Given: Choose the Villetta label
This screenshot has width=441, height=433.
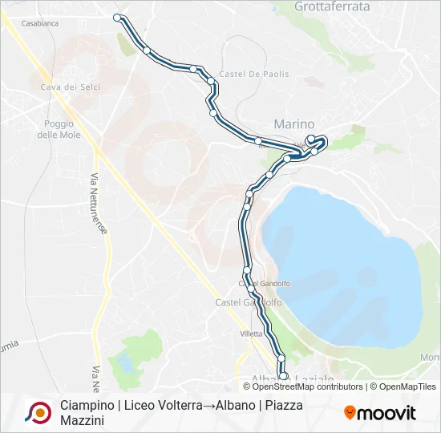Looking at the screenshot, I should [x=251, y=334].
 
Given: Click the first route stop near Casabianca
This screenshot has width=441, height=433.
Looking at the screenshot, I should [x=118, y=18].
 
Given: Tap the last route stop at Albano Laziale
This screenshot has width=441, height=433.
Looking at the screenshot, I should [x=283, y=375].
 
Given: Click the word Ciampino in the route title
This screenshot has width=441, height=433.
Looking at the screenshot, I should [x=87, y=405].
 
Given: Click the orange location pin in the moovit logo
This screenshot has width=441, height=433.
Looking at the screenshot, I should [x=350, y=413].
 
